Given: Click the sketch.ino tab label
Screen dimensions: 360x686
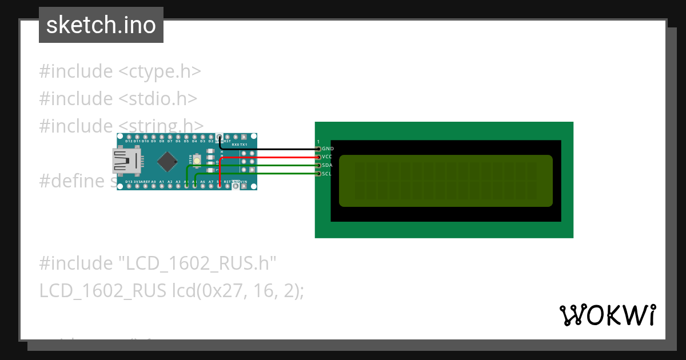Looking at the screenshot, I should [x=101, y=25].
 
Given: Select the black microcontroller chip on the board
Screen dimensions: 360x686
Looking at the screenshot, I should [x=166, y=162].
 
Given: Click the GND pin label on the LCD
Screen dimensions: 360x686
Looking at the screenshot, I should [x=328, y=149].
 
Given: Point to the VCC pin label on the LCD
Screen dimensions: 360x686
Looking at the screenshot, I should [x=327, y=157].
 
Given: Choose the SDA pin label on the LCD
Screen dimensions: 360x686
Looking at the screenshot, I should [x=327, y=165].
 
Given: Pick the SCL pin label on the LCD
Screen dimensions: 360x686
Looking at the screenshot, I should [x=326, y=174].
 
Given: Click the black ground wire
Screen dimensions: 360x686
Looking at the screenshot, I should [x=269, y=149].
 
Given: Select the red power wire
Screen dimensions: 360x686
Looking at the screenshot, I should [x=269, y=157].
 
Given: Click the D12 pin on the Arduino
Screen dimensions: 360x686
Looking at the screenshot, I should [x=129, y=138].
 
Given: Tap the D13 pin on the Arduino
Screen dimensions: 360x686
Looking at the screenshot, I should [x=129, y=185].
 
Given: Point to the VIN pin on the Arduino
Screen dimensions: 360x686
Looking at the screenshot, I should [x=244, y=185].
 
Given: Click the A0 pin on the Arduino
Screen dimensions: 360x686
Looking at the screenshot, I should [x=154, y=185].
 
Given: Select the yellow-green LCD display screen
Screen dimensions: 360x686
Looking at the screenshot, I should [x=446, y=181].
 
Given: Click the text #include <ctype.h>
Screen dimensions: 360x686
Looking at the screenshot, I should [x=120, y=72].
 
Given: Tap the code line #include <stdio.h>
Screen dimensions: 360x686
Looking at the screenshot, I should [x=118, y=99].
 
